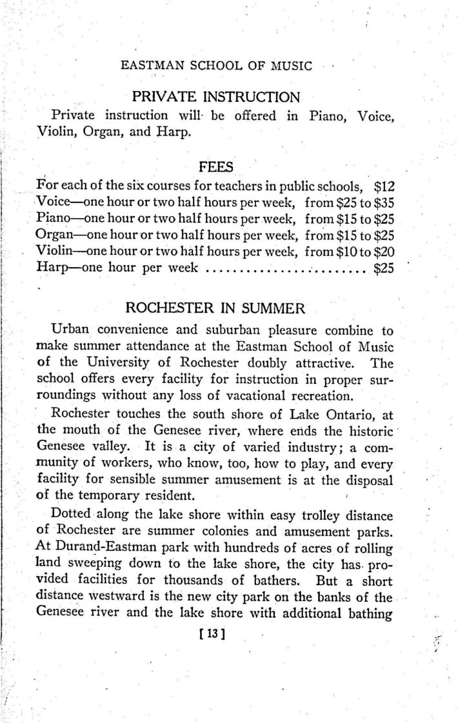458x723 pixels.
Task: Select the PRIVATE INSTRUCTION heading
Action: (216, 98)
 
